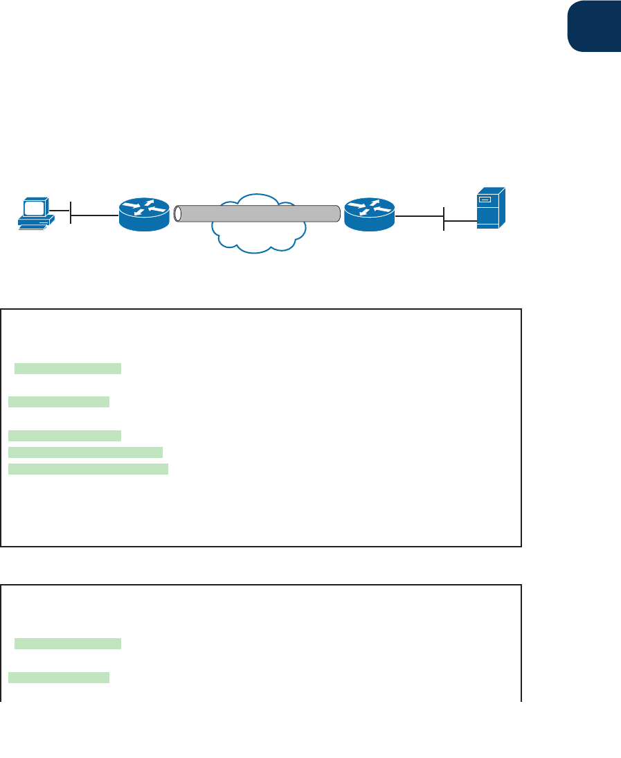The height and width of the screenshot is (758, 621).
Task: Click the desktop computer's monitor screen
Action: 34,206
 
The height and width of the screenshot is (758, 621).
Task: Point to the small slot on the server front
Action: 486,200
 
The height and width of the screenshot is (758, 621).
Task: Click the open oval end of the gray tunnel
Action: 178,213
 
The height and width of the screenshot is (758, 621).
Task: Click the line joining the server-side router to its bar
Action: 419,215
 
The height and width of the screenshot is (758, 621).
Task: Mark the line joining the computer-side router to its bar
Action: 95,215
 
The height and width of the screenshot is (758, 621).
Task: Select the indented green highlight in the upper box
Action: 68,368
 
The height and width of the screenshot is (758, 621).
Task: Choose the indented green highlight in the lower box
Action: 68,644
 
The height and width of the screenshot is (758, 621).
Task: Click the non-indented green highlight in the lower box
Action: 59,677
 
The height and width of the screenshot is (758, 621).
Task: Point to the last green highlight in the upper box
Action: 88,469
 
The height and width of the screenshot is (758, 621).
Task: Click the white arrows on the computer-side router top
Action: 144,206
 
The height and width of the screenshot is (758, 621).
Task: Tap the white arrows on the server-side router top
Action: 369,206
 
